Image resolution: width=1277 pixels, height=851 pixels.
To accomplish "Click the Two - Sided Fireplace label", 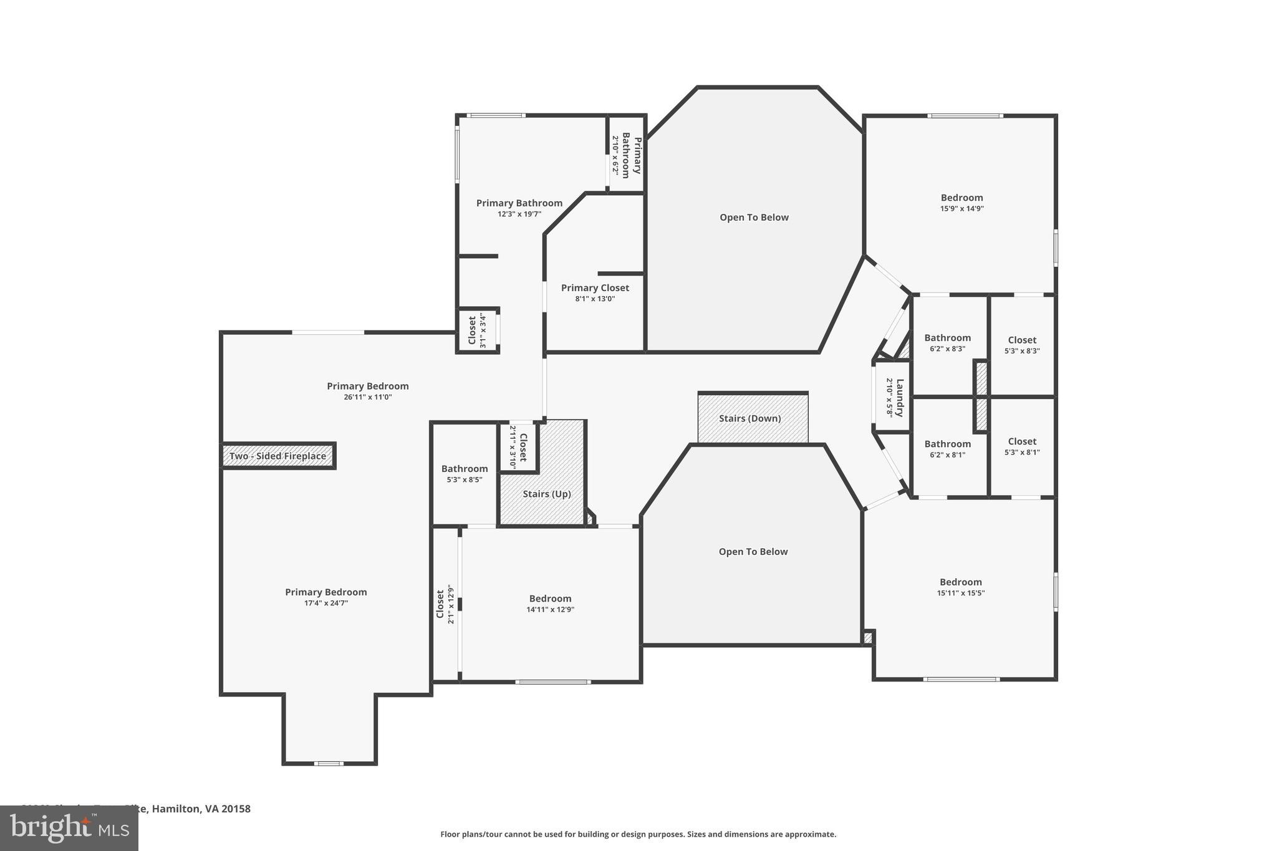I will tap(277, 456).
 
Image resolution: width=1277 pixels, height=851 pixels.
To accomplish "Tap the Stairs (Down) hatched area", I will tap(753, 418).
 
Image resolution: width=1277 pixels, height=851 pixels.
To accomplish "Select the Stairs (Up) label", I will tap(547, 494).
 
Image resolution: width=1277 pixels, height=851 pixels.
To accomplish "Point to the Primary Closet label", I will tap(595, 288).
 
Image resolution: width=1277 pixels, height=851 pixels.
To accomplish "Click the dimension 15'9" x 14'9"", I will tap(961, 209).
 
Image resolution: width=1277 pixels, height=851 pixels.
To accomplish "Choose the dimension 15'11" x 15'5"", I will tap(960, 593).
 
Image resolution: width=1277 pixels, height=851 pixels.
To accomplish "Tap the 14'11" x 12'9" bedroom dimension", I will tap(550, 610).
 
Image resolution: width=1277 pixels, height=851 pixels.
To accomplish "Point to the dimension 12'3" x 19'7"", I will tap(519, 214).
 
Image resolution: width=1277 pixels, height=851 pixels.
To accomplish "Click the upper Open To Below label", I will tap(754, 218).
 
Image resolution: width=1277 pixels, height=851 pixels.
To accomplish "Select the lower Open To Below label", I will tap(753, 552).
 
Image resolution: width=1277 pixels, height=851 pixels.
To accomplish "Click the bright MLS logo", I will tap(69, 829).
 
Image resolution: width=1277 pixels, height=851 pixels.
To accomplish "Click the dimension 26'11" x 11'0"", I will tap(367, 397).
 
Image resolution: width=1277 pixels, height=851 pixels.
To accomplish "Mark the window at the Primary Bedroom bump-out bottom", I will tap(329, 763).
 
